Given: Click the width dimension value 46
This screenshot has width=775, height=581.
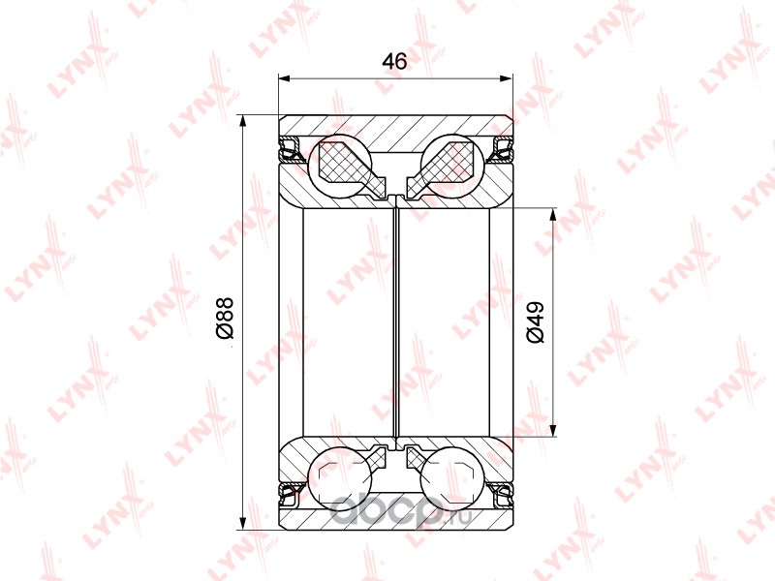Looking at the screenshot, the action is [394, 61].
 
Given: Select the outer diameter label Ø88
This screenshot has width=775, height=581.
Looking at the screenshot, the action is [225, 319].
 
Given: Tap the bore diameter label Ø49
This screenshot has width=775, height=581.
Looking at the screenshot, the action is [536, 322].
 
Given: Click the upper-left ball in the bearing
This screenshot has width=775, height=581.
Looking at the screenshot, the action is [340, 166].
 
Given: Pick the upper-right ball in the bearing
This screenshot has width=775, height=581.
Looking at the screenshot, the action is [451, 166].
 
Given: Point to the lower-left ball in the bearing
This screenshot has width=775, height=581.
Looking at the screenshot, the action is [340, 478].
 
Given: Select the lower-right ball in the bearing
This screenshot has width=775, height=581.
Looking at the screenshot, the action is [451, 478].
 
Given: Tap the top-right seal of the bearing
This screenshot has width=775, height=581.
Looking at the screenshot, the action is [501, 150].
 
